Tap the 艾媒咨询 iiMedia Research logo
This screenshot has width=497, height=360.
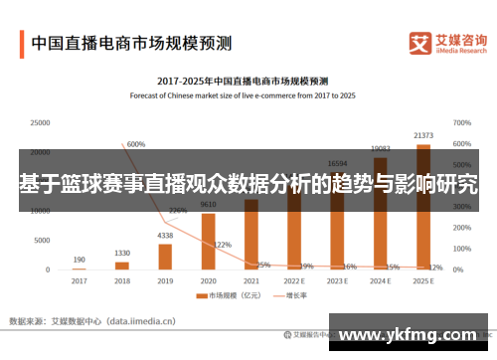447,43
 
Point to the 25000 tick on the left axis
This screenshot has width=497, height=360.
40,122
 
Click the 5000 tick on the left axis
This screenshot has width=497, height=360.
43,241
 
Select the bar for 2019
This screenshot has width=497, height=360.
165,257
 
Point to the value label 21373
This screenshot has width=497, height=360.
423,135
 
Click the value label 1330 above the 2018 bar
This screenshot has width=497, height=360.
122,253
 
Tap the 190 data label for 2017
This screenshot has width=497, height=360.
79,259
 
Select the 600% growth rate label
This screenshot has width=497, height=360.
136,144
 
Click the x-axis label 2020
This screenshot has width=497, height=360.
208,280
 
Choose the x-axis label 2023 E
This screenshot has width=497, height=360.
337,280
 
